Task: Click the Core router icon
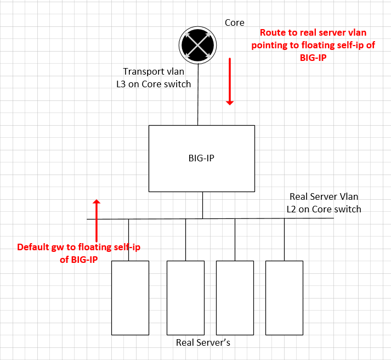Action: tap(197, 46)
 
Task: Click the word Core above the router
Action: tap(235, 23)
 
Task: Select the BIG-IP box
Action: tap(202, 158)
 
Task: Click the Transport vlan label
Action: tap(153, 71)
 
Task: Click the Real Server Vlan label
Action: tap(324, 196)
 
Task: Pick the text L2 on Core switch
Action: tap(324, 209)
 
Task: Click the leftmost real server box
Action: tap(130, 297)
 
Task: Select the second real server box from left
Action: tap(185, 297)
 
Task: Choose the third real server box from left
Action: tap(235, 297)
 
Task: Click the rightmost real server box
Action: tap(284, 297)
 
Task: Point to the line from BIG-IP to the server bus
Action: tap(202, 205)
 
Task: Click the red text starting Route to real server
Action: tap(313, 44)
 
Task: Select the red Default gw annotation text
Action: tap(78, 253)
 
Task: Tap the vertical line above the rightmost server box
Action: tap(284, 239)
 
